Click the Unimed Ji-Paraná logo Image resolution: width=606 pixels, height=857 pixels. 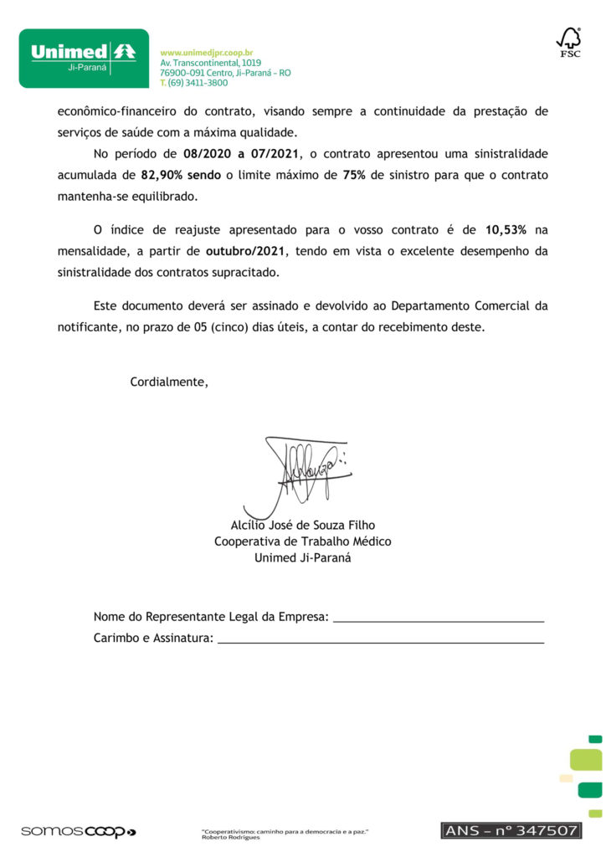[84, 58]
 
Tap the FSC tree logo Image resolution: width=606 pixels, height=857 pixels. [569, 42]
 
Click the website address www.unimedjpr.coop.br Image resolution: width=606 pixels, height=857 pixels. [206, 53]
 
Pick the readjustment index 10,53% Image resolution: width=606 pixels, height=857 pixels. [506, 229]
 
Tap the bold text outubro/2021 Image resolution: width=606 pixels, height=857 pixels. [245, 251]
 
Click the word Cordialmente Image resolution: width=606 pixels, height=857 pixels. [168, 382]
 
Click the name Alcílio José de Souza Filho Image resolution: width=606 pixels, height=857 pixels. [303, 526]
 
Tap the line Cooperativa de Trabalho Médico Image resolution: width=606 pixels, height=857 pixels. [303, 541]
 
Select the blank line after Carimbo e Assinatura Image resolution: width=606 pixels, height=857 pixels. [380, 640]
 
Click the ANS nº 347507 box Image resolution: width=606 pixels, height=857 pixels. [510, 830]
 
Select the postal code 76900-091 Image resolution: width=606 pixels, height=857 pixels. [186, 73]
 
